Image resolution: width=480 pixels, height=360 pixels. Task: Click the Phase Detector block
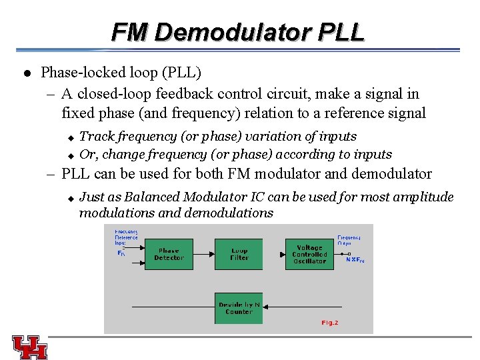tap(169, 254)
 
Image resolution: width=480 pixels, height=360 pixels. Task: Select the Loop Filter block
tap(239, 254)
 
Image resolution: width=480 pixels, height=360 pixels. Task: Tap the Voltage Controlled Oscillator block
tap(309, 254)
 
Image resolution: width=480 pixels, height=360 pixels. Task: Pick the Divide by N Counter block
tap(239, 308)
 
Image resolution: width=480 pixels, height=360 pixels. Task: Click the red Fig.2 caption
tap(330, 323)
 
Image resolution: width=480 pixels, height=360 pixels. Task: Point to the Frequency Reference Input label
tap(126, 237)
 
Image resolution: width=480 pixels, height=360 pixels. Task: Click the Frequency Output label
tap(349, 239)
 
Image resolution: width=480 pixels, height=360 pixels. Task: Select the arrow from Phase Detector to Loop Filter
tap(203, 254)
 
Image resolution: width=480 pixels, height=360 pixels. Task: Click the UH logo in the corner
tap(30, 347)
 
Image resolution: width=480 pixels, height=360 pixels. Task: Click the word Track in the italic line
tap(97, 136)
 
